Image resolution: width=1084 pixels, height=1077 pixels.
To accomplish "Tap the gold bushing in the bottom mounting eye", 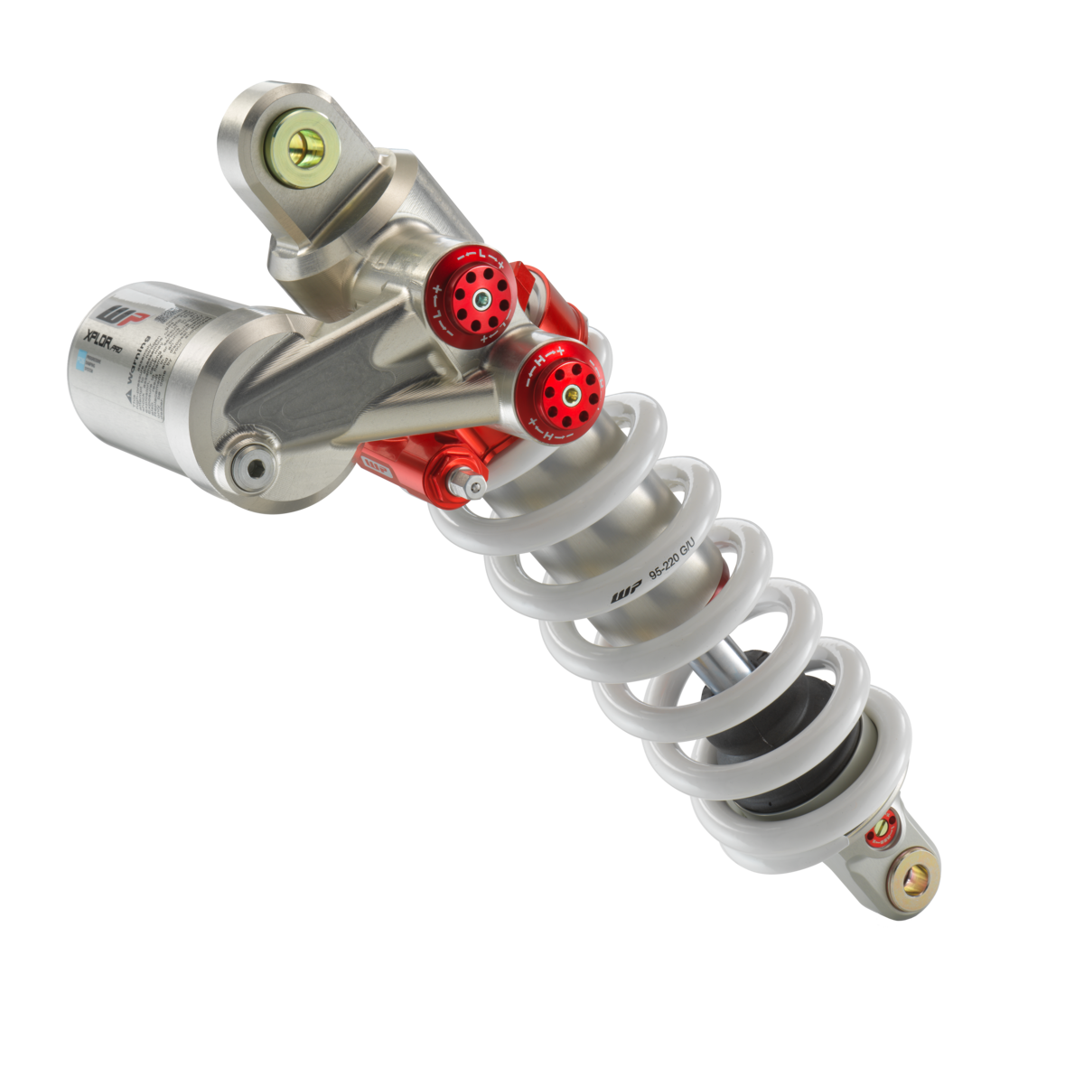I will click(x=916, y=875).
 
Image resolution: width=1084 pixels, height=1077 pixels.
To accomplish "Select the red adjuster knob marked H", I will click(x=561, y=387).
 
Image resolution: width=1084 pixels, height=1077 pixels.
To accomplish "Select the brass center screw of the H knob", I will click(x=569, y=394).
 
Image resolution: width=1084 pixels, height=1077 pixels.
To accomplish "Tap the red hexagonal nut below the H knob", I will click(x=456, y=470).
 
